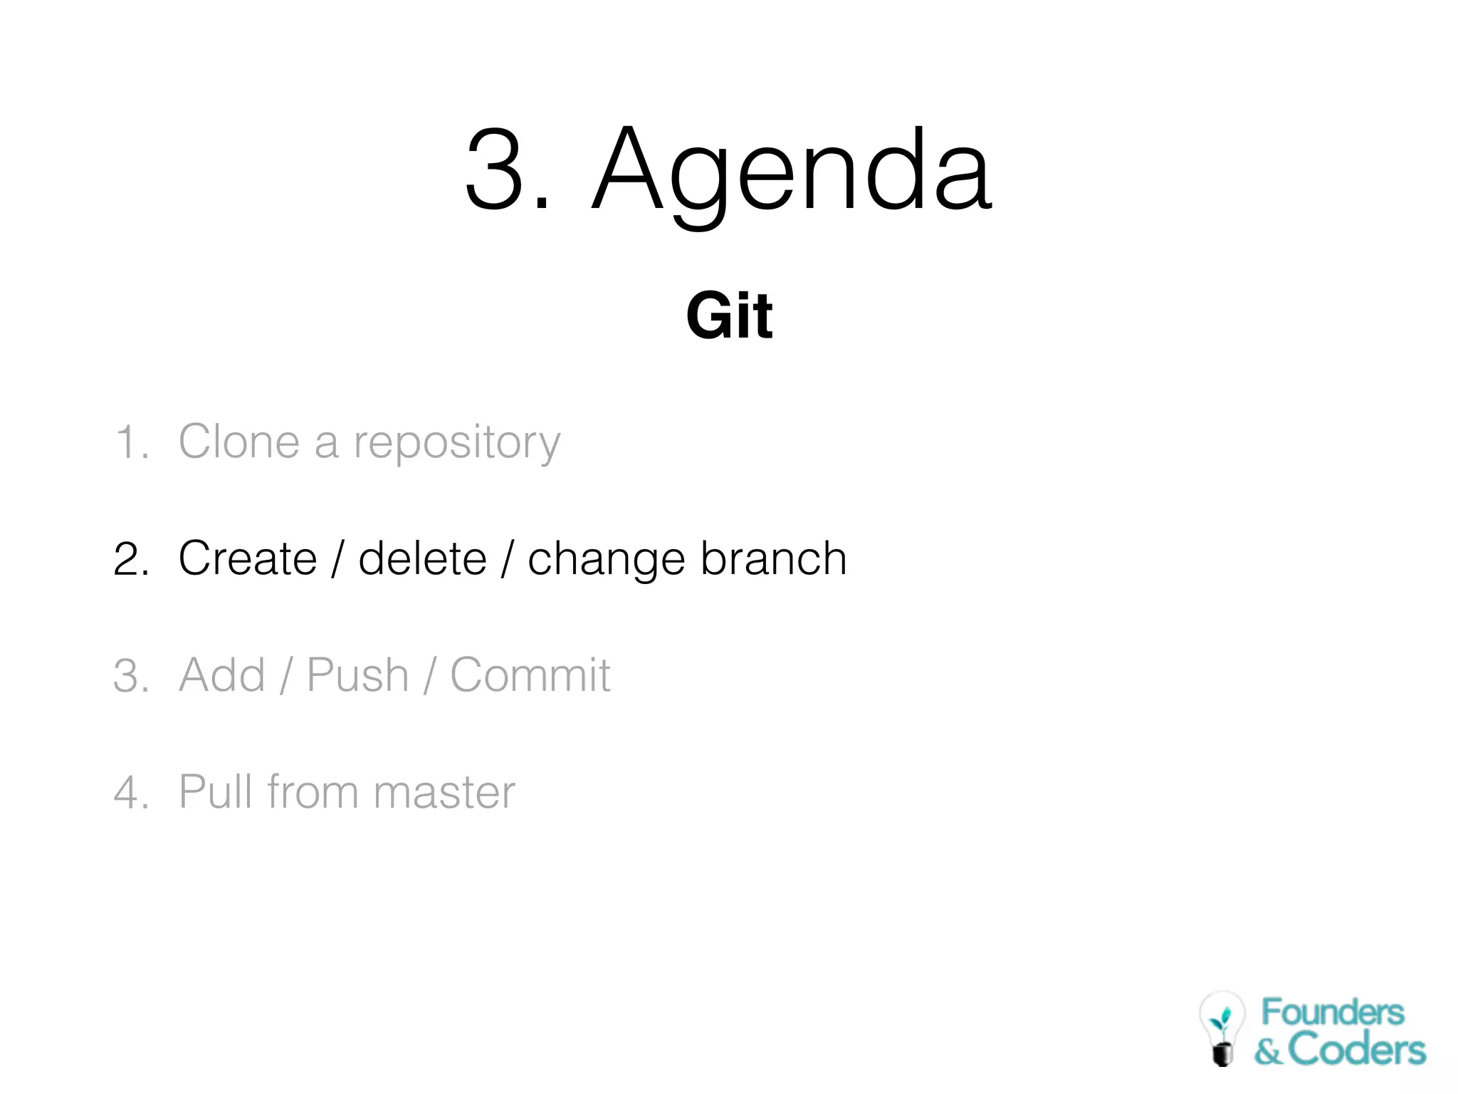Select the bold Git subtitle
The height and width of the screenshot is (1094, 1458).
pos(729,316)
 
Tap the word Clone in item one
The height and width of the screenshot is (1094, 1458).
pos(238,442)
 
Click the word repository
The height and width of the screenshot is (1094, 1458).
pos(457,443)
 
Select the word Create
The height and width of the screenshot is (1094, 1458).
pos(247,558)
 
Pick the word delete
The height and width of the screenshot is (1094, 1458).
pos(422,558)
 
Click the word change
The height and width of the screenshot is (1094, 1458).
pos(606,560)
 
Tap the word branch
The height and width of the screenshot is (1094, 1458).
pos(774,558)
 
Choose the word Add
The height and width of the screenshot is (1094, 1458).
pos(221,675)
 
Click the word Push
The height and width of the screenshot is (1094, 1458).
pos(357,675)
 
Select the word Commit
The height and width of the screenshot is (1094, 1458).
pos(530,675)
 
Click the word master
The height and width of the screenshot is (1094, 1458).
pos(444,793)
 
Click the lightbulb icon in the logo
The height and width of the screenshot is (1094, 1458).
pos(1222,1028)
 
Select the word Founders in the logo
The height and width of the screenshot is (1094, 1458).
pos(1332,1012)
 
